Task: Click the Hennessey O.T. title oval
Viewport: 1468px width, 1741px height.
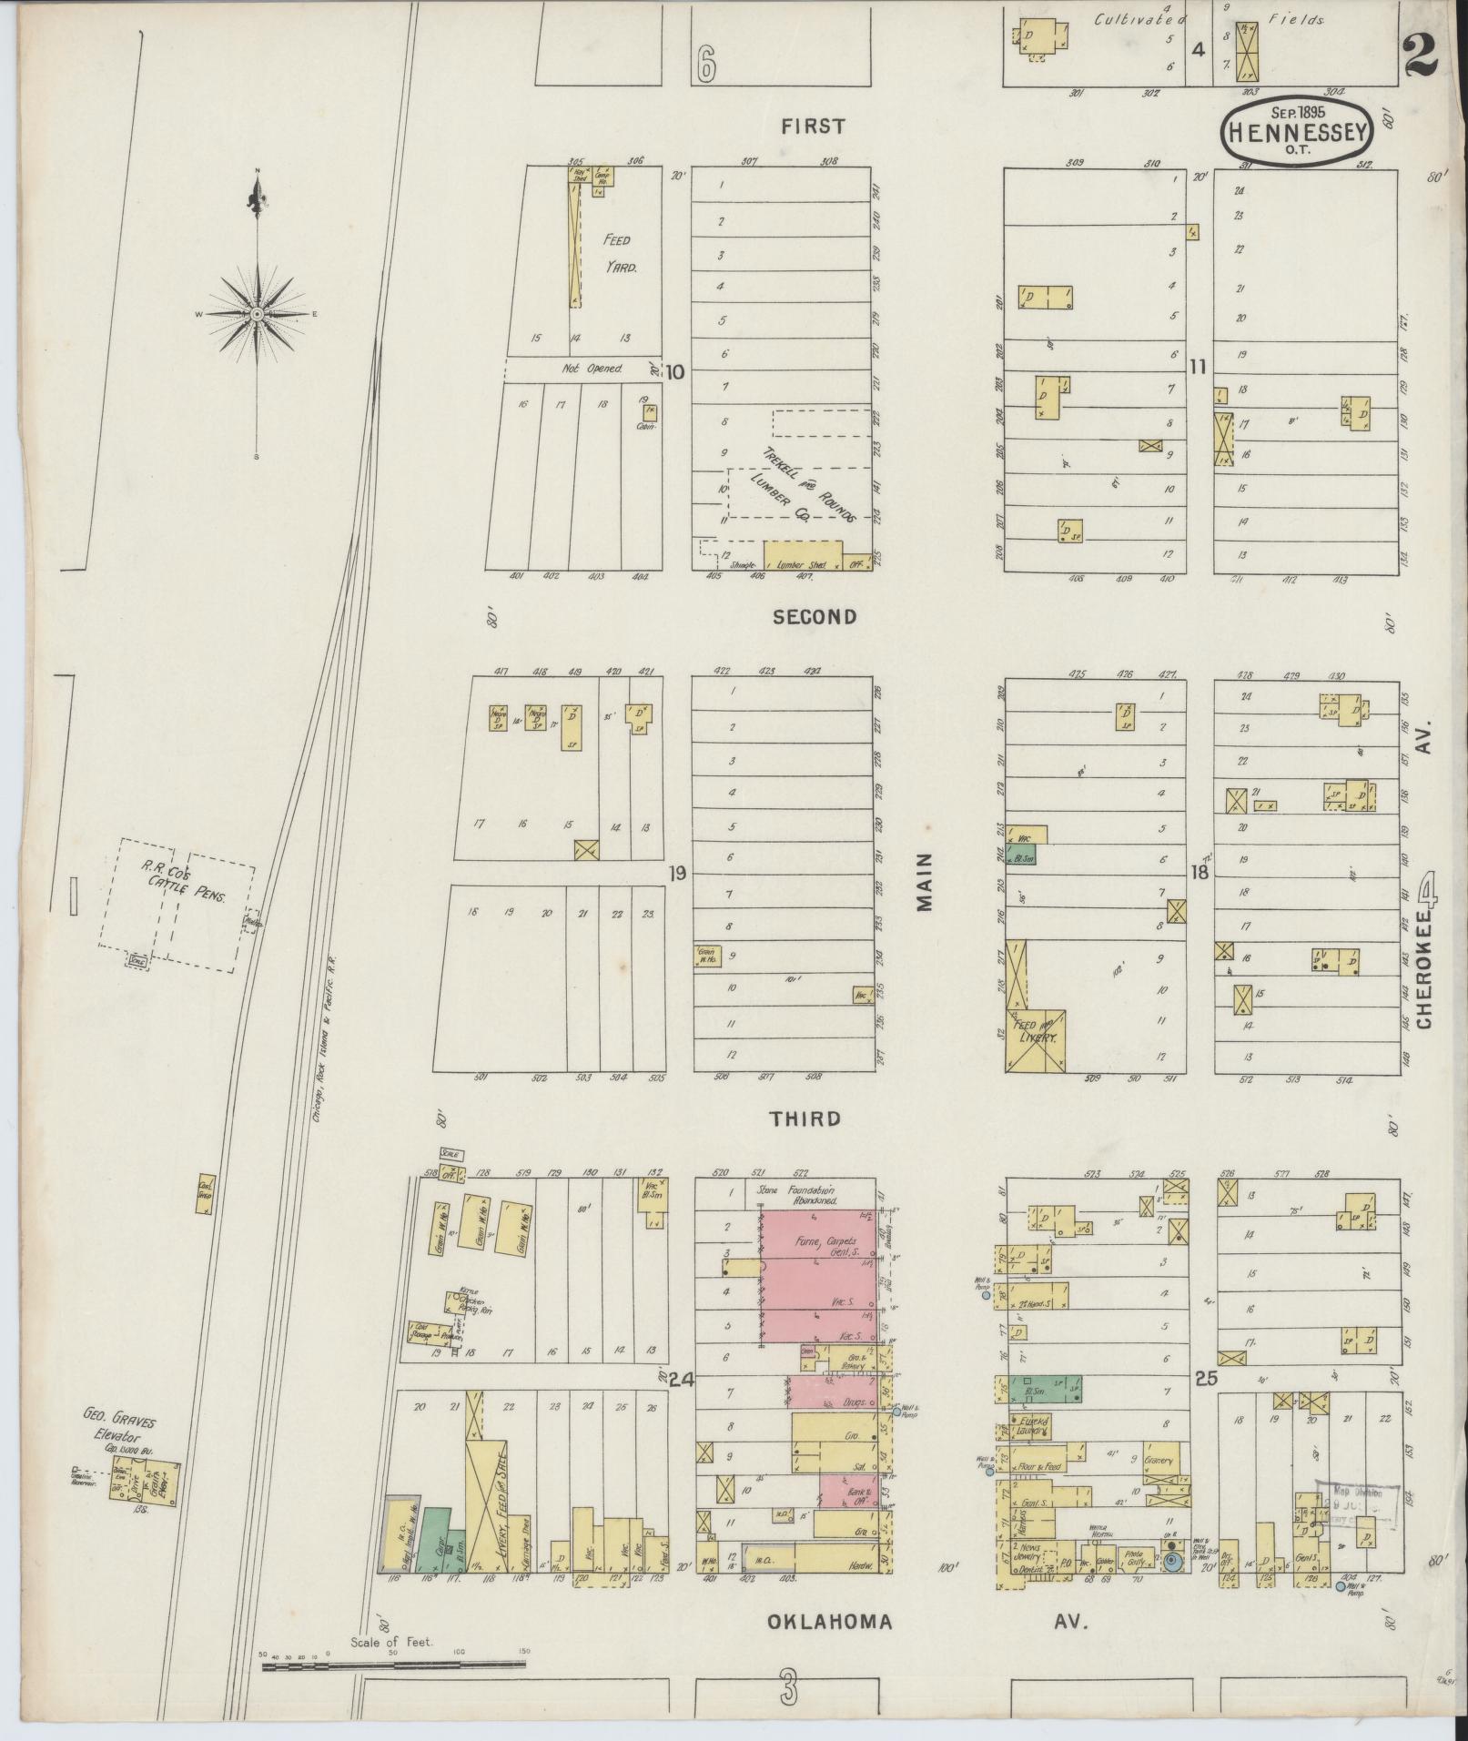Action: click(1297, 133)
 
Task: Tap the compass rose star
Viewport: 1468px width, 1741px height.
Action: click(257, 313)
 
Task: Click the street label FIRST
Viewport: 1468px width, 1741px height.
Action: click(813, 127)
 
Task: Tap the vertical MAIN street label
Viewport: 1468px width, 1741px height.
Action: click(926, 882)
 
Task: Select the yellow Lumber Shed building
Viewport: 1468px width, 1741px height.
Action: click(802, 555)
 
